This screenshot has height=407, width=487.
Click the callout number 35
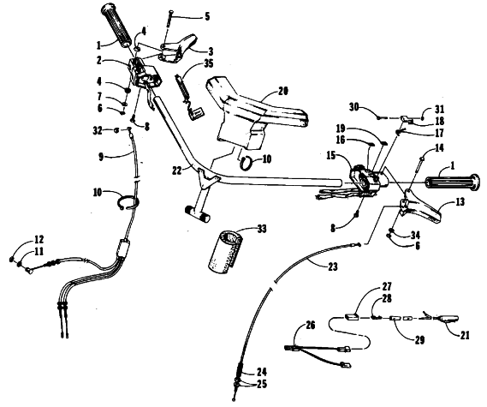pyautogui.click(x=209, y=63)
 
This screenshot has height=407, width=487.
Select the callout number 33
pyautogui.click(x=262, y=230)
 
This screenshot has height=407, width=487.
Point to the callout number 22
pyautogui.click(x=176, y=171)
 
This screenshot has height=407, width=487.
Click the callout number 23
pyautogui.click(x=333, y=266)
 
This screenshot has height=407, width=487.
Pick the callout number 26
pyautogui.click(x=311, y=326)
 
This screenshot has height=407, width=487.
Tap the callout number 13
pyautogui.click(x=460, y=202)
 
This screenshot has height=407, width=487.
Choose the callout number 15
pyautogui.click(x=331, y=155)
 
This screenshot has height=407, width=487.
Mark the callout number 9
pyautogui.click(x=101, y=157)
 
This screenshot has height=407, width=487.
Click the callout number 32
pyautogui.click(x=98, y=130)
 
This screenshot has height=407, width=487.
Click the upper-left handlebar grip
pyautogui.click(x=116, y=25)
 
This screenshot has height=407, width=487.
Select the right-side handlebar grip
pyautogui.click(x=454, y=183)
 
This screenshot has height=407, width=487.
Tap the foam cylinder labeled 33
pyautogui.click(x=224, y=249)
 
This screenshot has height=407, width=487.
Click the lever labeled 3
pyautogui.click(x=178, y=48)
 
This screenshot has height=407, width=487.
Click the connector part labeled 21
pyautogui.click(x=447, y=318)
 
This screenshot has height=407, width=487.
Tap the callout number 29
pyautogui.click(x=419, y=340)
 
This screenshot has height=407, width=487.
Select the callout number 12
pyautogui.click(x=39, y=239)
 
